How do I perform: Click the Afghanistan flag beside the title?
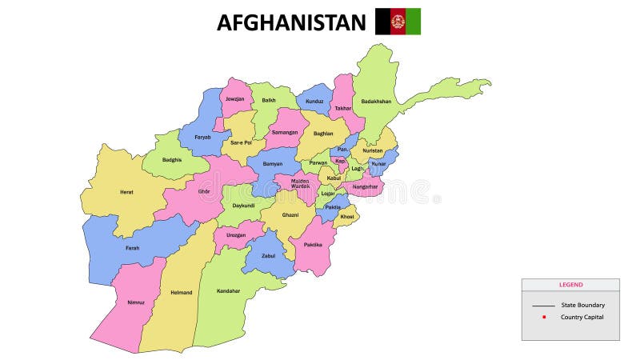398,21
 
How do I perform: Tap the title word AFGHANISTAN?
290,22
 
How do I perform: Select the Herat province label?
127,192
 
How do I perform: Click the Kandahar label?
228,290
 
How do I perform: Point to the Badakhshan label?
376,102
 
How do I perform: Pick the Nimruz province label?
136,302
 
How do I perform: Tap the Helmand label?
182,292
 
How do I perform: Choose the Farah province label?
132,248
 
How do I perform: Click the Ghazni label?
290,214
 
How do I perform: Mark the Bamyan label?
273,163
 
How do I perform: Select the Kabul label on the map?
334,178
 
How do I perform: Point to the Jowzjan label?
234,99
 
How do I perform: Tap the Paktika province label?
313,245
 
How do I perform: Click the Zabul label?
268,256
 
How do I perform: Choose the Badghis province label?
172,159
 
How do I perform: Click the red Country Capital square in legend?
544,317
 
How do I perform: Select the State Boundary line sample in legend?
543,306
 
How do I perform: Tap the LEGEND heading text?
570,285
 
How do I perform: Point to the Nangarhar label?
364,186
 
